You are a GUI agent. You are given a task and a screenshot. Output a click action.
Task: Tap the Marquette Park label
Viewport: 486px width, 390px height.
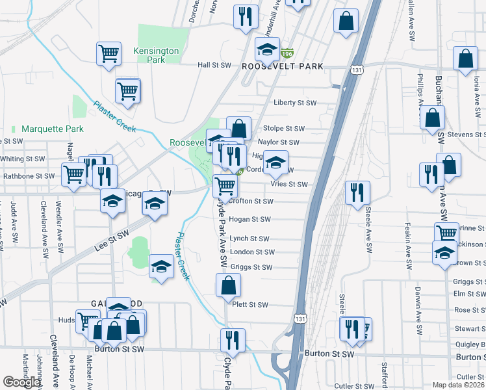53,129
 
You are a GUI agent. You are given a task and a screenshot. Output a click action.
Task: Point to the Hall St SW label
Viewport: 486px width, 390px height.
214,65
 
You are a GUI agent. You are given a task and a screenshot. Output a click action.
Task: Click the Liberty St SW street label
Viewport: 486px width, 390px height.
294,103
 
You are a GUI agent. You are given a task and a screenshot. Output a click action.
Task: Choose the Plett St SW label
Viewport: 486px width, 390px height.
250,305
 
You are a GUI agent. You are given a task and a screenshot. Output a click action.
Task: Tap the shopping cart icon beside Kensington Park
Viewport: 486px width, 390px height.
109,54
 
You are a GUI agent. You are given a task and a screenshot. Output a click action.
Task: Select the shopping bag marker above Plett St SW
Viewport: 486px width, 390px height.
228,285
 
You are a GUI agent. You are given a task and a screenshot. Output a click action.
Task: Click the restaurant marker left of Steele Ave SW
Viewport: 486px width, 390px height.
357,193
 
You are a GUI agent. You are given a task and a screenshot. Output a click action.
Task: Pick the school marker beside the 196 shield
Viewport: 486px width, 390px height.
267,49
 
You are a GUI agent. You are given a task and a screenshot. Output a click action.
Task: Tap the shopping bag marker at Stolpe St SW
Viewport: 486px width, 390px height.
239,127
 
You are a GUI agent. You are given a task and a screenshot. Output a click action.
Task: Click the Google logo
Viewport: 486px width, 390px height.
21,382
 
